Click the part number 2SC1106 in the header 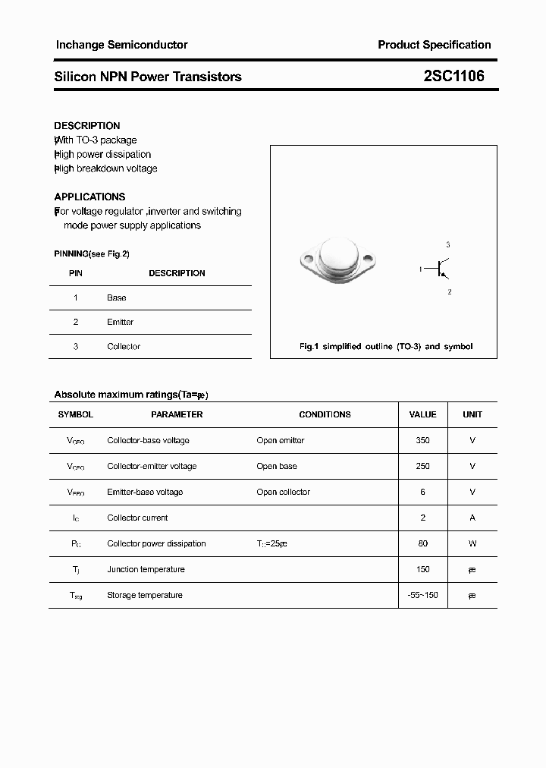(453, 76)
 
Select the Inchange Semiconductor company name (121, 45)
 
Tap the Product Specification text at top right (434, 45)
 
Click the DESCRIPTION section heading (87, 126)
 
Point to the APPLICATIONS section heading (89, 197)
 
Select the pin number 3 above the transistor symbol (448, 245)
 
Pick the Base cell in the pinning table (117, 298)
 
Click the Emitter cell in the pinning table (120, 323)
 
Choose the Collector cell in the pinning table (124, 347)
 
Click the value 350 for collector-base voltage (422, 441)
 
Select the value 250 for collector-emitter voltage (422, 467)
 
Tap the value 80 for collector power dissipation (422, 544)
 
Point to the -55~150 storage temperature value (422, 596)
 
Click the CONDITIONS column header (325, 415)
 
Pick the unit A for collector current (472, 518)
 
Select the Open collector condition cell (283, 493)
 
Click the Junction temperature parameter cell (146, 570)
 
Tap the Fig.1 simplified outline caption (386, 347)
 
